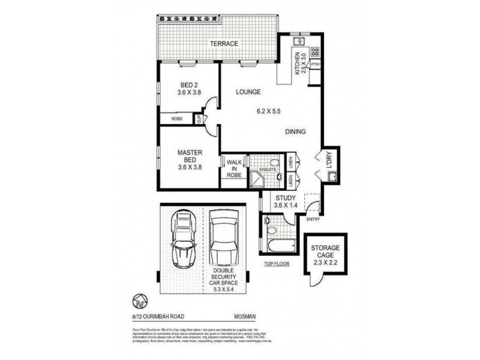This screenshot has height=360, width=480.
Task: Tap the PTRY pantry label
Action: [x=316, y=64]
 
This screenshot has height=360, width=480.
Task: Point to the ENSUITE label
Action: [x=268, y=170]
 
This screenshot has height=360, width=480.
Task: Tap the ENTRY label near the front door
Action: [x=313, y=218]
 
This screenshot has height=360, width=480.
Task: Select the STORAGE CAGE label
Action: [x=325, y=253]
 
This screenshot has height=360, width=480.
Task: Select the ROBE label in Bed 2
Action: [x=176, y=119]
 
